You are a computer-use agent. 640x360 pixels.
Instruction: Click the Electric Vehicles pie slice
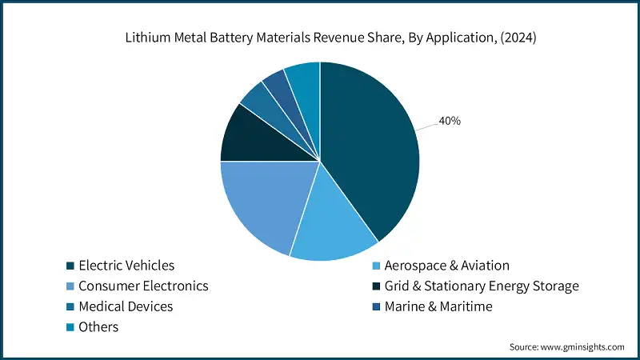coord(368,152)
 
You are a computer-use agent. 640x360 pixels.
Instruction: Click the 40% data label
coord(449,122)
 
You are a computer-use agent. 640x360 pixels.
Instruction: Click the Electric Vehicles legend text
coord(126,266)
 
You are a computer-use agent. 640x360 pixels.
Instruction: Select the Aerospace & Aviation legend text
coord(446,266)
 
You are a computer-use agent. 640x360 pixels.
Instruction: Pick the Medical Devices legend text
coord(125,306)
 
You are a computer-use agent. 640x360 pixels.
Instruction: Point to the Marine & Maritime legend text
coord(438,306)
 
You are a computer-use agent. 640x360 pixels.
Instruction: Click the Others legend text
coord(98,326)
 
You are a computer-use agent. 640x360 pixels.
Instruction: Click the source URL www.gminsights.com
coord(582,346)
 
